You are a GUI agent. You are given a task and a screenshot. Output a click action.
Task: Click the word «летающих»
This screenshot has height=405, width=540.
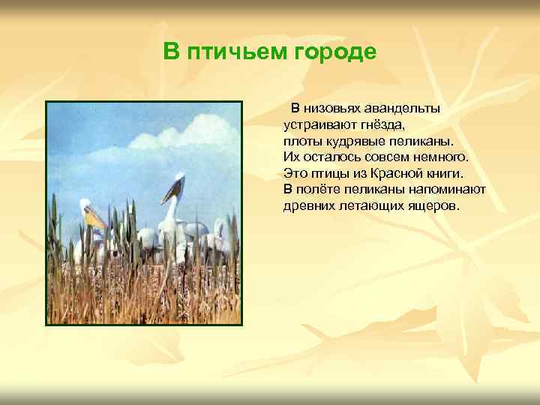coord(370,205)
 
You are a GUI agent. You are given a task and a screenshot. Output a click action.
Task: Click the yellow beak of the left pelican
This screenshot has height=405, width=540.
coord(95,219)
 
